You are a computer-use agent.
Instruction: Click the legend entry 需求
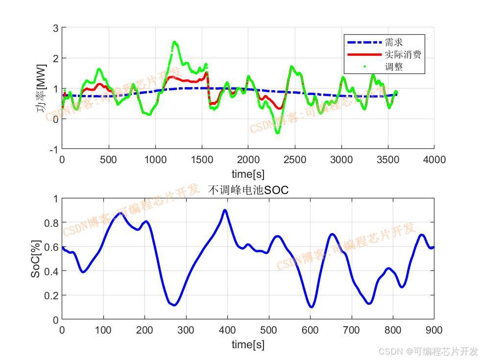click(x=394, y=43)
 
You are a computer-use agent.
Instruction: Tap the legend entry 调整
click(x=394, y=67)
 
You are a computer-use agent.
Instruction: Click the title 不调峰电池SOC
click(x=248, y=190)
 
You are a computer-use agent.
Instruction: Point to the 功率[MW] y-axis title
click(x=41, y=89)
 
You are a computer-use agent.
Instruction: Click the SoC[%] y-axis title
click(x=36, y=259)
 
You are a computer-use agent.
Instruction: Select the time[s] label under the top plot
click(x=248, y=174)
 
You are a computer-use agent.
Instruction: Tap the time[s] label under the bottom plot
click(x=248, y=345)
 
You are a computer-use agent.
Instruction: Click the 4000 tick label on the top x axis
click(x=434, y=160)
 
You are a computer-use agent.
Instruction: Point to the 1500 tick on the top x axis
click(x=201, y=160)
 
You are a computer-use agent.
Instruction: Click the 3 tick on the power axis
click(x=55, y=28)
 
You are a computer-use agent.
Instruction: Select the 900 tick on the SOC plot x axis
click(x=434, y=330)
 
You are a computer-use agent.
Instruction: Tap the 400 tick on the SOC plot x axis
click(x=227, y=330)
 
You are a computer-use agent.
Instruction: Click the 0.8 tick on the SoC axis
click(x=51, y=223)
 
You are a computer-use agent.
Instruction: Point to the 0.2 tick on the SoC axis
click(x=51, y=295)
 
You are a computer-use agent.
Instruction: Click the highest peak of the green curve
click(x=175, y=42)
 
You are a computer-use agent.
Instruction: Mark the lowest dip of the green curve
click(x=277, y=133)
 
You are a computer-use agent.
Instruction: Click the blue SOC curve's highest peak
click(x=225, y=210)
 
